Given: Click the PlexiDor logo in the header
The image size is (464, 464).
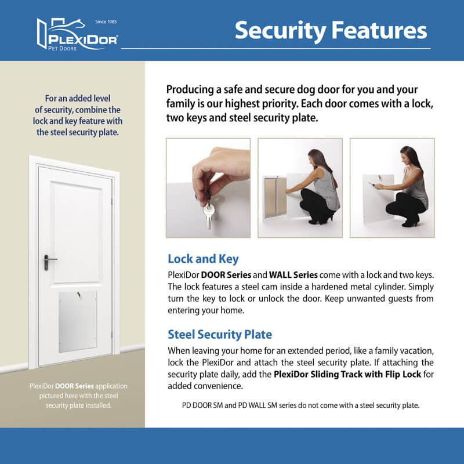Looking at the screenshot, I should click(x=77, y=35).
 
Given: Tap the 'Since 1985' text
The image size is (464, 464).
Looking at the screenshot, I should click(x=107, y=22).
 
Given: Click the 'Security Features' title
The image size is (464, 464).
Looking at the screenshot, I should click(x=331, y=30).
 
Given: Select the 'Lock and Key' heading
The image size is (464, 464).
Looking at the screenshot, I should click(x=203, y=259).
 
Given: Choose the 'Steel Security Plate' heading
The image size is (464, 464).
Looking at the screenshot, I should click(x=220, y=335).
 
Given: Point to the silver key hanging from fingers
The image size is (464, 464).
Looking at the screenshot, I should click(x=207, y=215).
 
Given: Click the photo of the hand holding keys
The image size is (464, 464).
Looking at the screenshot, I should click(x=208, y=187).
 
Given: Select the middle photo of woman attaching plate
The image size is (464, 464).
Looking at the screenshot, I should click(x=300, y=187).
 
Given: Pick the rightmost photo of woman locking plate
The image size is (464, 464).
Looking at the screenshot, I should click(x=392, y=187).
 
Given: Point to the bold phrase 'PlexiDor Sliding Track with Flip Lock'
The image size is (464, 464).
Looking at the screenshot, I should click(x=347, y=374).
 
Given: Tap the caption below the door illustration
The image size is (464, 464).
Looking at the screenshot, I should click(x=78, y=395).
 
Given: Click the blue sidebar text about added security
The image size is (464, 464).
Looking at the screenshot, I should click(x=78, y=115).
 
